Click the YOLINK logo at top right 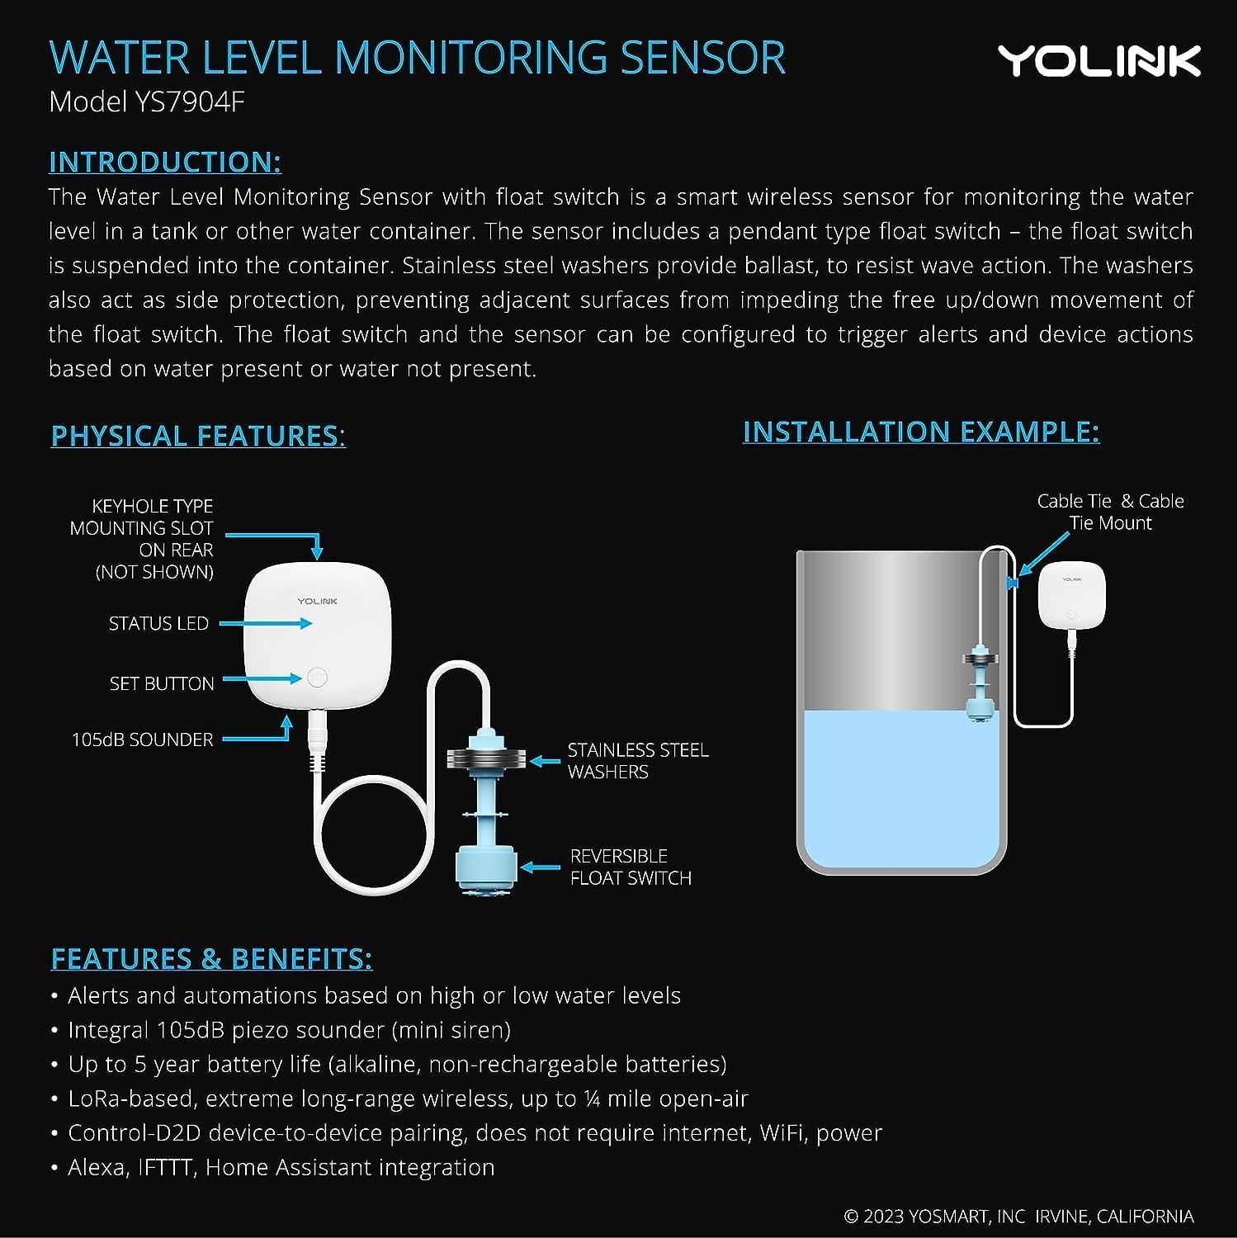point(1099,61)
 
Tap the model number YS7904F point(147,102)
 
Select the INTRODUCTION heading point(165,162)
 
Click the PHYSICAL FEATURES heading point(198,436)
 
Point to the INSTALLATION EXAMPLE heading point(921,432)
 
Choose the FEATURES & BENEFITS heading point(211,958)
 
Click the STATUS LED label point(158,624)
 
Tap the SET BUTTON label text point(162,683)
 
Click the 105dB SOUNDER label point(142,739)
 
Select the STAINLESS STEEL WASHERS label point(637,761)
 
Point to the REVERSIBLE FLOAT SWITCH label point(630,867)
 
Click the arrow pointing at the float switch point(541,867)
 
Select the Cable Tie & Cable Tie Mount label point(1110,512)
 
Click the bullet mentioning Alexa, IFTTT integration point(281,1168)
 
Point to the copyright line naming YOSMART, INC point(1018,1217)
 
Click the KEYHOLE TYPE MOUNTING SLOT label point(142,539)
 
